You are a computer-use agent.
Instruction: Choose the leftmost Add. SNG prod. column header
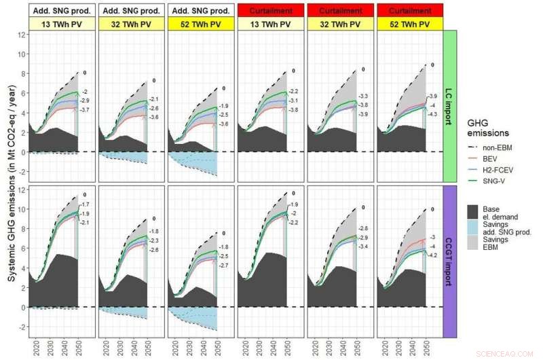click(x=62, y=10)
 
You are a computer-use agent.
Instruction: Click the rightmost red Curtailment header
click(x=409, y=10)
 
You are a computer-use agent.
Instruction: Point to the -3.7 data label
click(x=85, y=110)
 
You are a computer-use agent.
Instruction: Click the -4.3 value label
click(x=432, y=113)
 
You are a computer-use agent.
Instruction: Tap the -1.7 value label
click(x=85, y=204)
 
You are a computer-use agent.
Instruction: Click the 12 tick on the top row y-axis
click(x=22, y=34)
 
